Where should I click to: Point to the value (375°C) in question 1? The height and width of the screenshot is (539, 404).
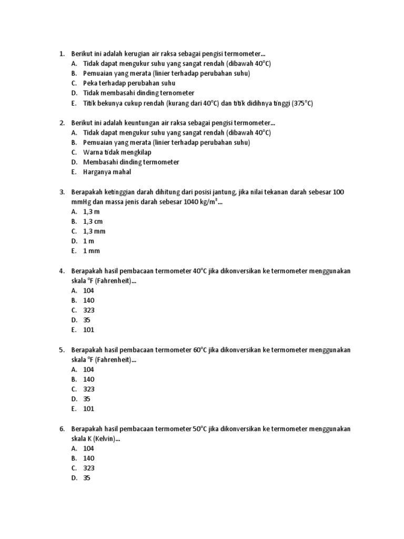click(x=302, y=103)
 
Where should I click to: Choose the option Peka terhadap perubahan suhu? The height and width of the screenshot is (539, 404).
click(x=129, y=83)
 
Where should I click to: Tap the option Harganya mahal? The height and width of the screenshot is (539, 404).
click(x=107, y=172)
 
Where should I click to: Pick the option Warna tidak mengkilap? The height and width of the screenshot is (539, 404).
click(x=117, y=152)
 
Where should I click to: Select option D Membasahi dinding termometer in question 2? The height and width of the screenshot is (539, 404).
click(x=131, y=162)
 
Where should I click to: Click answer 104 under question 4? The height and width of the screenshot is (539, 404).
click(x=88, y=291)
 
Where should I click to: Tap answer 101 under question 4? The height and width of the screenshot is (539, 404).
click(x=88, y=330)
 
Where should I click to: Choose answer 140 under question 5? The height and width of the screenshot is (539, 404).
click(x=88, y=379)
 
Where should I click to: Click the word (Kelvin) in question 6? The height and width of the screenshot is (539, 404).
click(x=107, y=439)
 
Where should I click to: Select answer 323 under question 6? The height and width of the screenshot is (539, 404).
click(x=88, y=468)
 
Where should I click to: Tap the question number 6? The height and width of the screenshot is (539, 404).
click(x=61, y=429)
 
